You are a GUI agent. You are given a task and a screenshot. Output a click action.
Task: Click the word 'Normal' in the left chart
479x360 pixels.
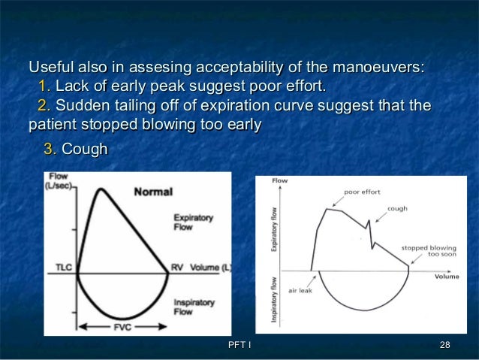click(x=153, y=192)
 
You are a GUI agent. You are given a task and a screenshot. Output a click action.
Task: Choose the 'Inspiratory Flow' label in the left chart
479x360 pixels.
click(x=193, y=307)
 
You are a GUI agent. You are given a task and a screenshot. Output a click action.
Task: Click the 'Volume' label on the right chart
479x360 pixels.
click(x=447, y=276)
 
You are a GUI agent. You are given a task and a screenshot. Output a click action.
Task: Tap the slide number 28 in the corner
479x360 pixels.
click(x=444, y=344)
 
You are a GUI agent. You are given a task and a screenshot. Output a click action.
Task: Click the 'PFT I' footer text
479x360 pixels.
click(x=239, y=344)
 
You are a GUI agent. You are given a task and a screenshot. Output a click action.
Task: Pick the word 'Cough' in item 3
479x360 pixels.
click(x=84, y=150)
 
